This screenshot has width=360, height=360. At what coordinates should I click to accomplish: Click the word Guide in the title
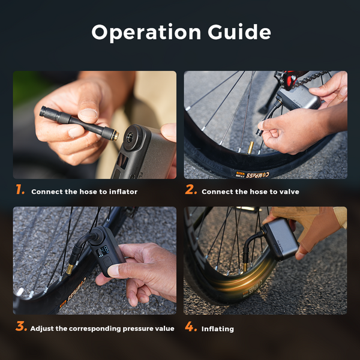point(238,32)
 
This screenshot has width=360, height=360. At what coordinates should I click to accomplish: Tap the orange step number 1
point(20,191)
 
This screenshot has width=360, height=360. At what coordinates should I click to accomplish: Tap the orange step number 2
point(191,191)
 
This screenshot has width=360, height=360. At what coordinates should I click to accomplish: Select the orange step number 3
point(20,328)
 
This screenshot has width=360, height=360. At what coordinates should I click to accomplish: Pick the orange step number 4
point(191,328)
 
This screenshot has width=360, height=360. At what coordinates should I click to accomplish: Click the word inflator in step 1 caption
point(123,192)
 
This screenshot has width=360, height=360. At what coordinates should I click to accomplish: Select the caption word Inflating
point(218,329)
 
